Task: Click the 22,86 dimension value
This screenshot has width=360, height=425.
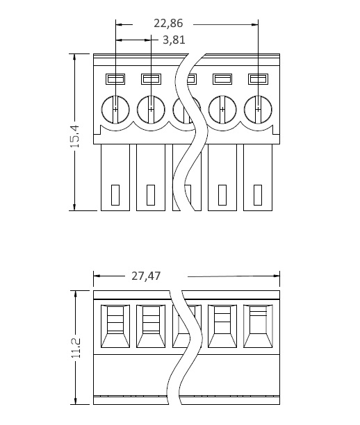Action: (x=168, y=24)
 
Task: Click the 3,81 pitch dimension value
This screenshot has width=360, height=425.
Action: (x=174, y=40)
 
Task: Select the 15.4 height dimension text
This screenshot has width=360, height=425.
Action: (x=75, y=136)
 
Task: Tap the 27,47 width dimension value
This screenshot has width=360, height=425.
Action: (x=146, y=276)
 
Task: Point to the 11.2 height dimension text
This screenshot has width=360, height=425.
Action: (x=76, y=348)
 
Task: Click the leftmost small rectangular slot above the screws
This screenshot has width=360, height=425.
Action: (x=115, y=79)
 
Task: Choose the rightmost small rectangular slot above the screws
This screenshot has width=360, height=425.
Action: (x=258, y=79)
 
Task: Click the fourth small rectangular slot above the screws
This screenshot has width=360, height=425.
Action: (x=222, y=79)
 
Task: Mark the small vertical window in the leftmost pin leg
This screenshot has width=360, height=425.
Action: (x=115, y=195)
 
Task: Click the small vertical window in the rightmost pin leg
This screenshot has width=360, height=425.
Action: (x=258, y=195)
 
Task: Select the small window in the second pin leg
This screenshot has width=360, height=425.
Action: (x=151, y=195)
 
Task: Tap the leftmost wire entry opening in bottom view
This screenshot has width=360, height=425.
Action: (x=115, y=326)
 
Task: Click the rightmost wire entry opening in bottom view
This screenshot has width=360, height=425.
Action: (x=258, y=326)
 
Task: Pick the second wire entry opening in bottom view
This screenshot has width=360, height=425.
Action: (x=151, y=326)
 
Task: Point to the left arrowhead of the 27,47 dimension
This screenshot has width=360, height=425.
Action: (x=97, y=276)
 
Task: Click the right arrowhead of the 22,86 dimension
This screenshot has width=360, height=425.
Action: (x=255, y=25)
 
